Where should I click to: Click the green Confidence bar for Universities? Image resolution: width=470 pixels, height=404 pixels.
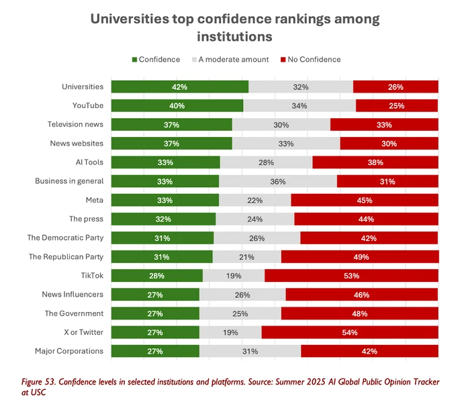[179, 87]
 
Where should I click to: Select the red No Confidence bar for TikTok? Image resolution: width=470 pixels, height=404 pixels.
[351, 276]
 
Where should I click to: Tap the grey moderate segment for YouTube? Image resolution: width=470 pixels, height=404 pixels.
[299, 105]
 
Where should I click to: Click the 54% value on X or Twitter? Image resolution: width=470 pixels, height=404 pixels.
[349, 332]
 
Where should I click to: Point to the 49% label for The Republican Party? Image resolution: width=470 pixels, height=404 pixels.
[359, 257]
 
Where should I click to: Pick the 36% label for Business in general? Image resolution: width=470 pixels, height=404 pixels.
[277, 181]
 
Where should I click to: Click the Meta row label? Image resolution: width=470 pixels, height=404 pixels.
[94, 200]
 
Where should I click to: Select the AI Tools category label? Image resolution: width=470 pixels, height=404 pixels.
[89, 162]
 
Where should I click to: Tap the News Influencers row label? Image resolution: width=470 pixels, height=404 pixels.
[73, 295]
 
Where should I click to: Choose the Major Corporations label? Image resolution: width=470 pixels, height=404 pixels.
[69, 351]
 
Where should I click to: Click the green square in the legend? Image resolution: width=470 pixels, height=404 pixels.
[134, 60]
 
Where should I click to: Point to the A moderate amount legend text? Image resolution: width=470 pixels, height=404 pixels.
[230, 60]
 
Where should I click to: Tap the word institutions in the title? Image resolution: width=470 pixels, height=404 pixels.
[234, 37]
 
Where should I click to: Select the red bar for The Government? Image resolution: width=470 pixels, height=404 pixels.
[359, 313]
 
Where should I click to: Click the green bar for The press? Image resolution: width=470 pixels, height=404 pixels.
[163, 219]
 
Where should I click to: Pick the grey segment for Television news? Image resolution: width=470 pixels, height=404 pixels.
[281, 125]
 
